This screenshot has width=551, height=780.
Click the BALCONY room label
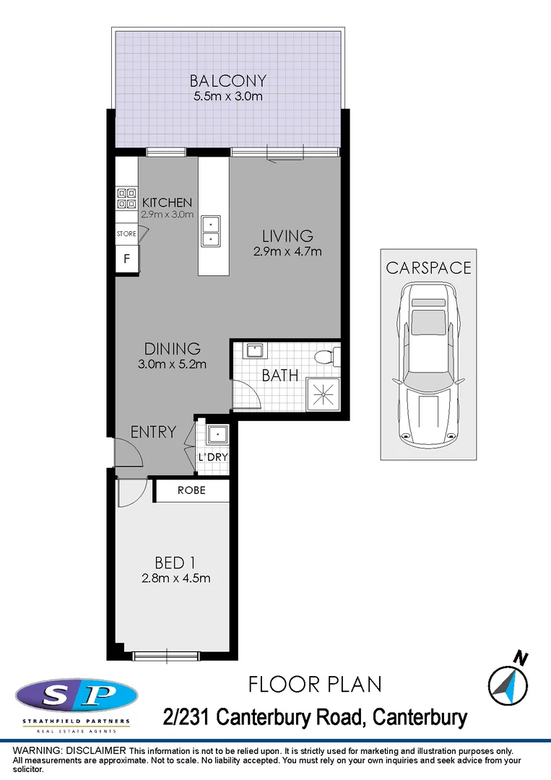[x=228, y=80]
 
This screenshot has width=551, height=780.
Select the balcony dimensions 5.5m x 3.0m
[x=228, y=96]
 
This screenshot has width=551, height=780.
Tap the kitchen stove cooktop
[x=126, y=198]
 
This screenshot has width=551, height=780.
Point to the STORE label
[x=126, y=234]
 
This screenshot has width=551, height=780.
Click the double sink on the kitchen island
[x=211, y=230]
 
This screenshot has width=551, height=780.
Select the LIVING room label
[x=287, y=236]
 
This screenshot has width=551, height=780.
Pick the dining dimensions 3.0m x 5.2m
[x=172, y=364]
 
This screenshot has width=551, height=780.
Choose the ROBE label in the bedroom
[x=191, y=490]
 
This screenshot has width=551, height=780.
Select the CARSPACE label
[x=428, y=268]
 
